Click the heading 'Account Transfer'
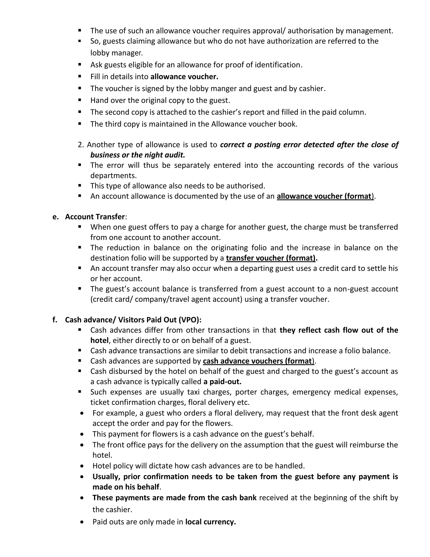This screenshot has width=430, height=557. click(x=95, y=217)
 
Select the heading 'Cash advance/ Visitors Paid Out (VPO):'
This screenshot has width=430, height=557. click(x=133, y=320)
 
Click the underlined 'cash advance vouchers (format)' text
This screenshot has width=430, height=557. click(x=258, y=361)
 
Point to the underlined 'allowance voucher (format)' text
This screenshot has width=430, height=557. click(x=325, y=196)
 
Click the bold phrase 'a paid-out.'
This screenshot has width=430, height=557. click(x=222, y=382)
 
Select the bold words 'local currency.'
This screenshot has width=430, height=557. click(x=210, y=522)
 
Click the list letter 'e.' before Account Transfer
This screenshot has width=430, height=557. click(x=55, y=217)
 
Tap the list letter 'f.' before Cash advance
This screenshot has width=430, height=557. click(x=55, y=320)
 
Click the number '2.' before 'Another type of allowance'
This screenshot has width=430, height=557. click(x=81, y=145)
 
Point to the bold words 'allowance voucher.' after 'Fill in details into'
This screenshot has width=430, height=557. click(x=184, y=77)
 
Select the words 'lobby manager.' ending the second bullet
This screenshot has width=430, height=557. click(x=116, y=53)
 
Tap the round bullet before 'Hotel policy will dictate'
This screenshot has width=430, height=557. click(x=82, y=466)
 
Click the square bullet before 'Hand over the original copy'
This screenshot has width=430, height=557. click(x=80, y=100)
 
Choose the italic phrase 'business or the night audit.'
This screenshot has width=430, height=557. click(x=138, y=155)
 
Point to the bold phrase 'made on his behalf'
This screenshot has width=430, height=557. click(x=126, y=487)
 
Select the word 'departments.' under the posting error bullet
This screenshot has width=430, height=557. click(x=114, y=176)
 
